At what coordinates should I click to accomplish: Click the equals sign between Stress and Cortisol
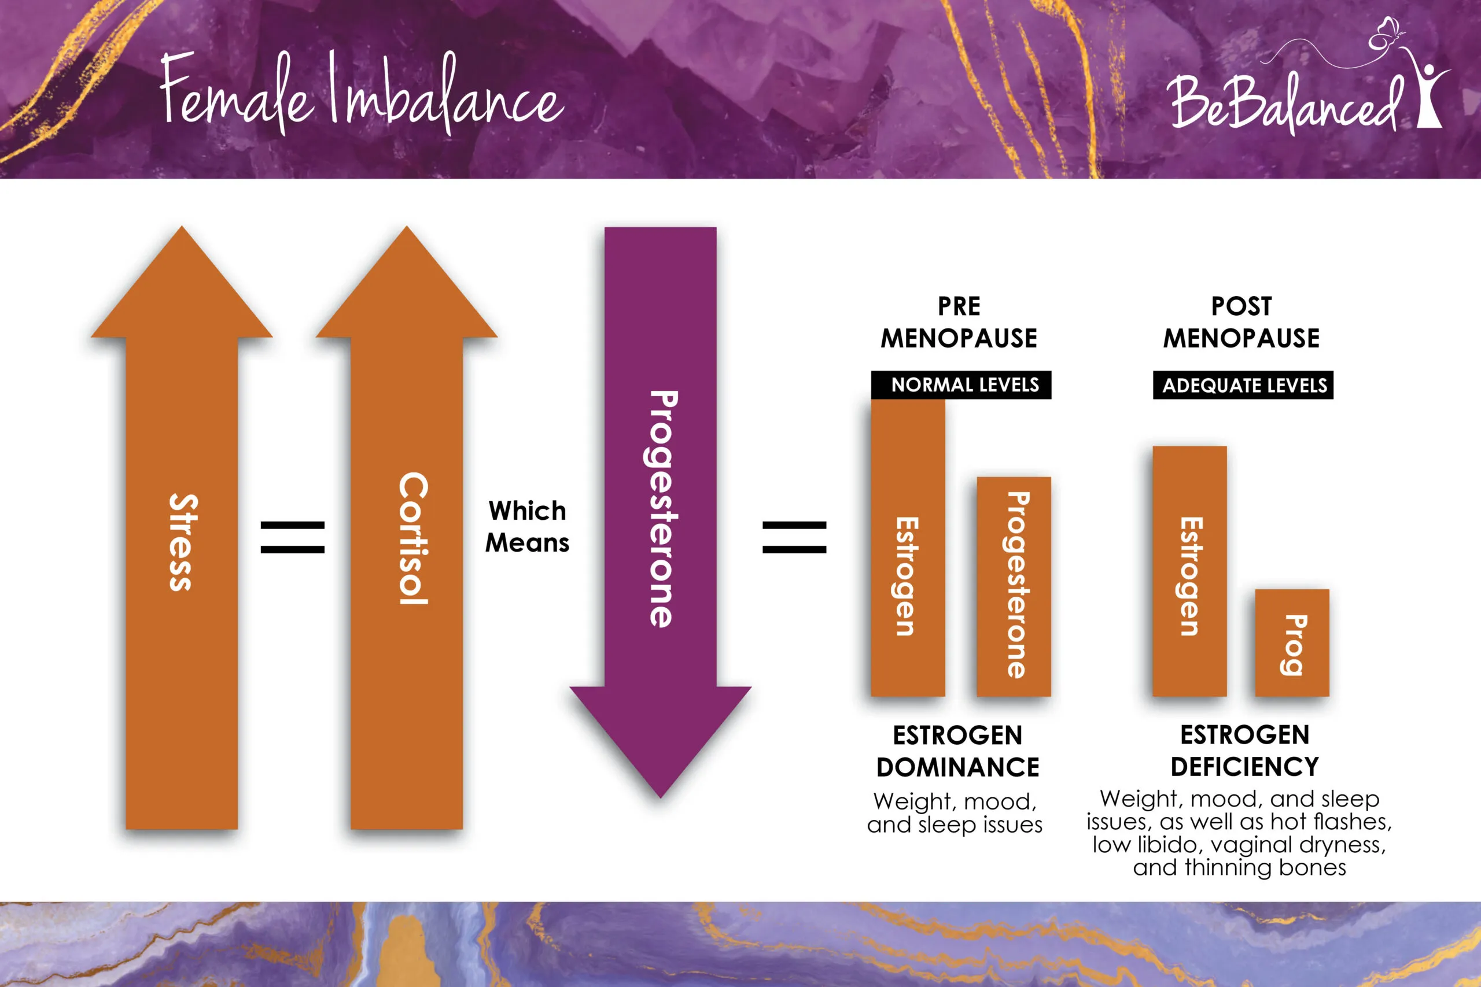tap(292, 537)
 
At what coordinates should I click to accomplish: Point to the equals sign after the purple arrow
tap(794, 537)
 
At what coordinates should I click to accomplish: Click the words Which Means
tap(527, 527)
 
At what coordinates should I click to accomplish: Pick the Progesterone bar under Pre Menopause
tap(1013, 585)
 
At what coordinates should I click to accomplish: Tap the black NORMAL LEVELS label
tap(961, 385)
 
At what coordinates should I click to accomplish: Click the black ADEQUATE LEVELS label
tap(1243, 385)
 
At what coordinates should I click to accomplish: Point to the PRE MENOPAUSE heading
tap(959, 322)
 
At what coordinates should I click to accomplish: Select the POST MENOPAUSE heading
tap(1241, 322)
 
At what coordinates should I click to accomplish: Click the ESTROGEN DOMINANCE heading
tap(958, 751)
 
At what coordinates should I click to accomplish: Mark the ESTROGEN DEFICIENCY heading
tap(1244, 751)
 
